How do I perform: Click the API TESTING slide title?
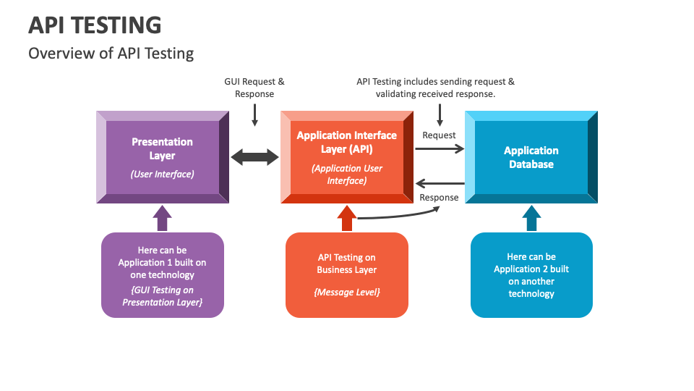click(x=95, y=25)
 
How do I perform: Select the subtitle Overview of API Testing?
click(x=111, y=54)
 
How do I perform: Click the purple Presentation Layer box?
click(x=163, y=157)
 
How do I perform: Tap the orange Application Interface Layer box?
click(x=347, y=157)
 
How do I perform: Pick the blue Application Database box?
click(x=531, y=157)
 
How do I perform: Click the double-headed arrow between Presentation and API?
click(x=255, y=157)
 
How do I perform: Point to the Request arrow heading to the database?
click(x=440, y=148)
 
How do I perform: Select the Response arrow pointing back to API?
click(x=440, y=183)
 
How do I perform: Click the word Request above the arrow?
click(x=439, y=135)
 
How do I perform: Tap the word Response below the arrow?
click(x=439, y=197)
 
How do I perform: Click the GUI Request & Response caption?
click(x=254, y=88)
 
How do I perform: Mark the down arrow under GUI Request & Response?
click(x=254, y=115)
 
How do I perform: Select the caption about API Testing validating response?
click(x=435, y=88)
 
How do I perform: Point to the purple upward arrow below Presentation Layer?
click(x=163, y=218)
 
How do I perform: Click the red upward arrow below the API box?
click(x=347, y=218)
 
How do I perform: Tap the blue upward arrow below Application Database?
click(x=531, y=218)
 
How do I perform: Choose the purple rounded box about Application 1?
click(x=163, y=275)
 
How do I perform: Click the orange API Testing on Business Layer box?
click(x=347, y=275)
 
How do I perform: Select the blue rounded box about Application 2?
click(x=531, y=275)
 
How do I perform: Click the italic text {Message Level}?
click(x=347, y=292)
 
